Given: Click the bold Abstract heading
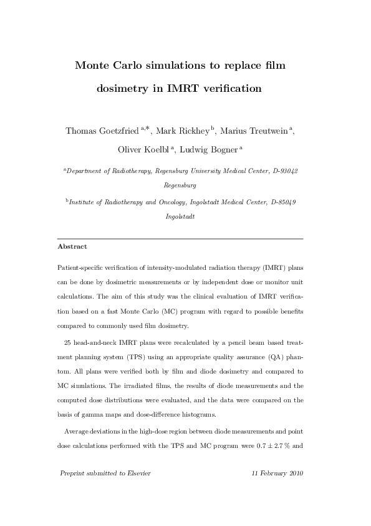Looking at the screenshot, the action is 72,247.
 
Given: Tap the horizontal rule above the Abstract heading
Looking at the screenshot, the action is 180,239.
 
